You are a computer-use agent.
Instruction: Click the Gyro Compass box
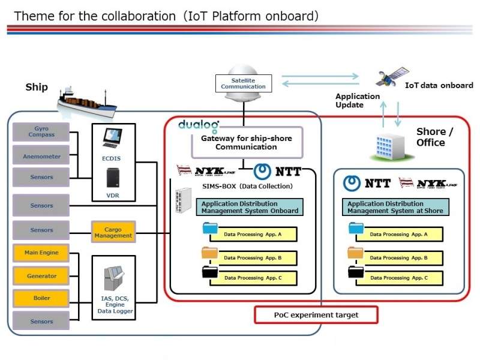[x=41, y=131]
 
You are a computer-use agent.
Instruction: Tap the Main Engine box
[x=41, y=253]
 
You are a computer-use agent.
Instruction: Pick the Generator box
[x=41, y=276]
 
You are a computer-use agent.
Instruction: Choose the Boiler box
[x=41, y=298]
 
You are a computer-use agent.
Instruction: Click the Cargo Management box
[x=113, y=232]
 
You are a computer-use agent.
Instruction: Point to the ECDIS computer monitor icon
[x=112, y=139]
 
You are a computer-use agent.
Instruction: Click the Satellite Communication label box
[x=243, y=83]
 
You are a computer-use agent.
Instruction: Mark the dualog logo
[x=199, y=125]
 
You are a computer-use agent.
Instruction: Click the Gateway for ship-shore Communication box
[x=246, y=143]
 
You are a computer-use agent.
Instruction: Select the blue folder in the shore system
[x=356, y=229]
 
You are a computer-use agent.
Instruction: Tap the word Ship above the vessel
[x=36, y=88]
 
